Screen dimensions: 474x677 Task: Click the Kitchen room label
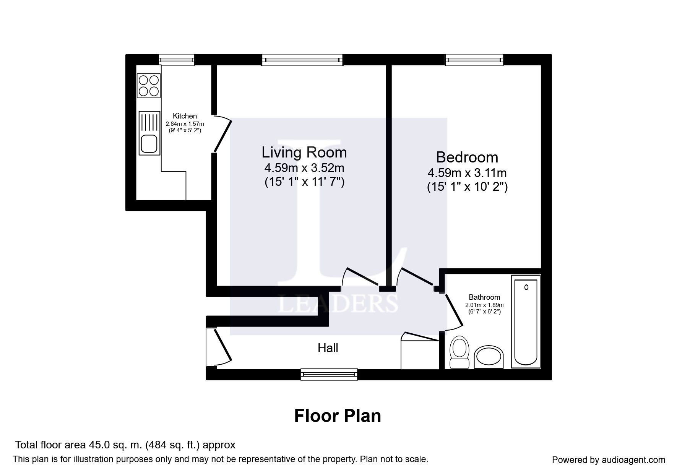185,116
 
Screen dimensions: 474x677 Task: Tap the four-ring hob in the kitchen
149,86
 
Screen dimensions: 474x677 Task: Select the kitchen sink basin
149,143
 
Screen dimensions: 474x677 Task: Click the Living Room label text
304,152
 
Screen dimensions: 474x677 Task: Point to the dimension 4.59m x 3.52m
304,167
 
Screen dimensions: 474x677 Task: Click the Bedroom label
467,157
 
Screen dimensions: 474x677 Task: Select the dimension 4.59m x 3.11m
467,173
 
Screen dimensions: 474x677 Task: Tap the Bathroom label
484,297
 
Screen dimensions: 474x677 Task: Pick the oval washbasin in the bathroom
489,357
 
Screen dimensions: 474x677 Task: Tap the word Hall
328,348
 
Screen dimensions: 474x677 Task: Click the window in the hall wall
329,374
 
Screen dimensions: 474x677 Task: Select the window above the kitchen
176,60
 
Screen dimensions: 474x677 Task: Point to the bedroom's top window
474,60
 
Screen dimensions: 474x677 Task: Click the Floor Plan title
338,416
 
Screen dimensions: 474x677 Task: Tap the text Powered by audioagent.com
609,460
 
